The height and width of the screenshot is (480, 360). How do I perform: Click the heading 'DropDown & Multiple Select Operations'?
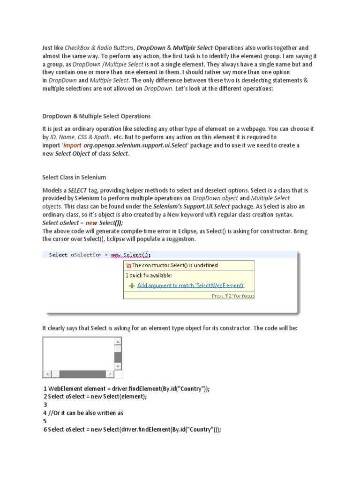pyautogui.click(x=97, y=116)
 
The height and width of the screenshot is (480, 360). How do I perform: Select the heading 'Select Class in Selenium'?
pyautogui.click(x=74, y=177)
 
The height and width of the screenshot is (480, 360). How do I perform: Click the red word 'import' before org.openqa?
pyautogui.click(x=73, y=145)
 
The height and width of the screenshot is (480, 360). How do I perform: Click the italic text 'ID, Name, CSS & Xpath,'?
pyautogui.click(x=80, y=137)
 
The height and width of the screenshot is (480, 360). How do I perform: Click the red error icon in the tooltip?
pyautogui.click(x=129, y=266)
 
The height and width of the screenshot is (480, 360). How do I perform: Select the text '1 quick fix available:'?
pyautogui.click(x=149, y=276)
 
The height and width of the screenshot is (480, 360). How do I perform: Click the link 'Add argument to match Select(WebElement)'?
pyautogui.click(x=191, y=285)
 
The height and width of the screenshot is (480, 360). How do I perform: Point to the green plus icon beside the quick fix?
pyautogui.click(x=132, y=285)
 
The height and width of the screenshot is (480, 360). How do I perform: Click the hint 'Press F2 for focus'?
pyautogui.click(x=232, y=296)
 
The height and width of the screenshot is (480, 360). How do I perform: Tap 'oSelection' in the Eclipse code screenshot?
pyautogui.click(x=86, y=255)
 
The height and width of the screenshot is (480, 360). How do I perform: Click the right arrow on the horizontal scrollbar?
pyautogui.click(x=110, y=374)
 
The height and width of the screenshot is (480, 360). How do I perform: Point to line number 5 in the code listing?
pyautogui.click(x=45, y=421)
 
